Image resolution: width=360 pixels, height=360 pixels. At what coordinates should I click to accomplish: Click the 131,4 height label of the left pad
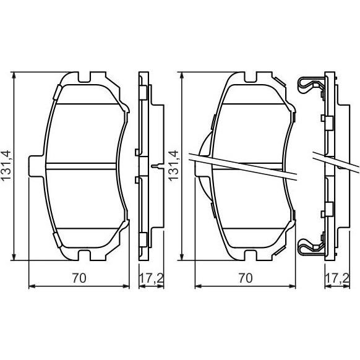tap(6, 166)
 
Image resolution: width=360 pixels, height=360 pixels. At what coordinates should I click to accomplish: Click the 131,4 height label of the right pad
tap(174, 166)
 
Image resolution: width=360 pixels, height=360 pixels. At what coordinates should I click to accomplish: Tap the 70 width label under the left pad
tap(79, 278)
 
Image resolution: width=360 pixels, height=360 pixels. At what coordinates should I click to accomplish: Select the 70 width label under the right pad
tap(246, 278)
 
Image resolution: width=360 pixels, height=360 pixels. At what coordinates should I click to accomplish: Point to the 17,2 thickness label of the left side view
tap(152, 278)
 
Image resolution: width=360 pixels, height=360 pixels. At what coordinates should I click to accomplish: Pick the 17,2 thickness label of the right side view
tap(337, 278)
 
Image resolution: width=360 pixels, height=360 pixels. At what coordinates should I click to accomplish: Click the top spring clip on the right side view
tap(311, 85)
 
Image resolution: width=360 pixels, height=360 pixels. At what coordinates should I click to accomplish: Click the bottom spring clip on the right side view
tap(311, 247)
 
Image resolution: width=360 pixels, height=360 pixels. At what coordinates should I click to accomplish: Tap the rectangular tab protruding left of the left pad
tap(36, 166)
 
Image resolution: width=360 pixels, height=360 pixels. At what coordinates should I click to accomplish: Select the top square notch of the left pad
tap(85, 77)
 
